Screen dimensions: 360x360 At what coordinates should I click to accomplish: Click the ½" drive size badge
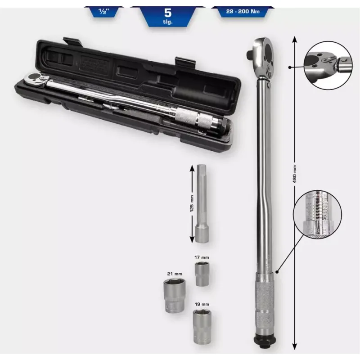[103, 12]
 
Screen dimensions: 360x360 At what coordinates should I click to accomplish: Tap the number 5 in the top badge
[168, 13]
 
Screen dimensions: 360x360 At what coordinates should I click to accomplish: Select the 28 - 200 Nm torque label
[243, 11]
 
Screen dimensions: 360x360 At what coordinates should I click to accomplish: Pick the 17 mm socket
[202, 274]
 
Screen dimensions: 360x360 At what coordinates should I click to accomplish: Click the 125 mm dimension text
[192, 203]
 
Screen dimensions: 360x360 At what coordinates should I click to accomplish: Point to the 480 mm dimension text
[295, 174]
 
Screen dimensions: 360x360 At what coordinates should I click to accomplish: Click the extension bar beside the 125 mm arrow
[202, 204]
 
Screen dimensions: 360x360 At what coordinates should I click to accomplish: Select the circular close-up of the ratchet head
[328, 65]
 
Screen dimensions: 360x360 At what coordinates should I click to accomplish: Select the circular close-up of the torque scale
[318, 215]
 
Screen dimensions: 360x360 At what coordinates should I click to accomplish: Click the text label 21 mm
[175, 274]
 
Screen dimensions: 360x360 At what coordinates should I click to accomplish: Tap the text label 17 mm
[202, 257]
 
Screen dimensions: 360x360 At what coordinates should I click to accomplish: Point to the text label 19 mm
[202, 304]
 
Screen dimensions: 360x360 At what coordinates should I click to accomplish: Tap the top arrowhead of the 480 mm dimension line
[295, 39]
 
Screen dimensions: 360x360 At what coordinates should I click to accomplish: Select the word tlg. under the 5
[168, 22]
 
